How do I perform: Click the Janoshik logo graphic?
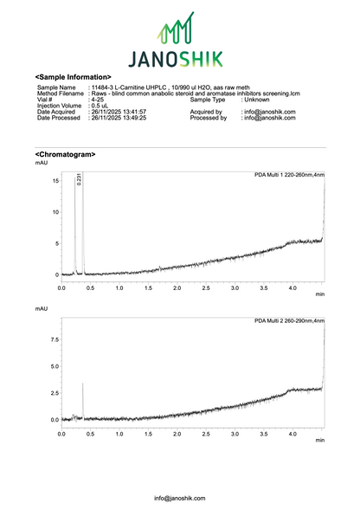coord(179,42)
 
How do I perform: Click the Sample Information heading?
coord(73,78)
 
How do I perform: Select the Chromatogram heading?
coord(65,154)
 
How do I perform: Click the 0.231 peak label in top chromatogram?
coord(80,179)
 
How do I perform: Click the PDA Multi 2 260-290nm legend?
coord(289,320)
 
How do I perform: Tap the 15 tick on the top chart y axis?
coord(54,181)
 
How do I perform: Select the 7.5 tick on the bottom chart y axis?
coord(53,340)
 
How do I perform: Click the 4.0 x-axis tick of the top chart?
coord(292,287)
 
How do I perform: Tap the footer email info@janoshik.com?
coord(180,498)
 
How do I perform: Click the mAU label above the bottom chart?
coord(42,308)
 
